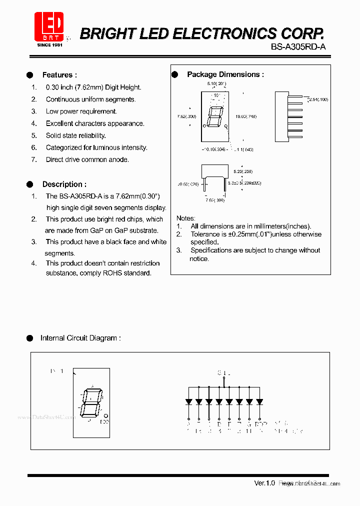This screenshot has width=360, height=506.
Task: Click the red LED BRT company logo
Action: click(48, 27)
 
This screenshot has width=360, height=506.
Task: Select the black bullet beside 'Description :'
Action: click(30, 184)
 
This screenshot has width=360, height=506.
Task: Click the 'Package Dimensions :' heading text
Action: click(225, 74)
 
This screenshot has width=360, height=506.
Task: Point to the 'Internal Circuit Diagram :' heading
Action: click(80, 338)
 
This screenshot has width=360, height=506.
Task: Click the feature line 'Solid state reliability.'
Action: click(75, 135)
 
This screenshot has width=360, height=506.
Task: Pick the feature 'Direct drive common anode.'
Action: click(87, 159)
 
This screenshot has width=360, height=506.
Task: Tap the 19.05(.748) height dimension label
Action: click(246, 116)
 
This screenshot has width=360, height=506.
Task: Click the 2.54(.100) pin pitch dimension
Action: click(318, 100)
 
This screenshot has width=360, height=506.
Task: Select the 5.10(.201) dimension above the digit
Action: click(216, 83)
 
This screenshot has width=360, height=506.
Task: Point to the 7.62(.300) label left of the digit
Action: click(187, 116)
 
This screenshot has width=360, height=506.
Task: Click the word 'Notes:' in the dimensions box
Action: click(186, 218)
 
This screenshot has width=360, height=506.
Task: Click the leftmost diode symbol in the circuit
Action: click(188, 401)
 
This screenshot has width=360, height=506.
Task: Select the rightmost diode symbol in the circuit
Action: click(260, 401)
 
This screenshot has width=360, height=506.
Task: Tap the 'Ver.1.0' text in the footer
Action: click(264, 483)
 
